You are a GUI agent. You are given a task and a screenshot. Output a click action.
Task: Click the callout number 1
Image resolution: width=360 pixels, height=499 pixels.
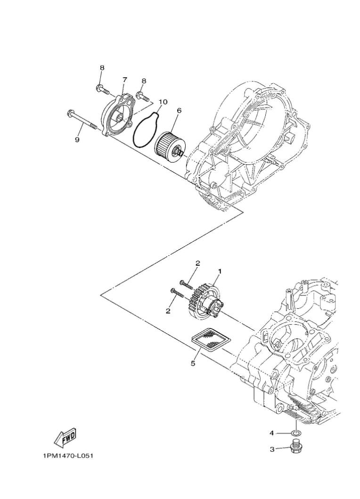[x=220, y=271]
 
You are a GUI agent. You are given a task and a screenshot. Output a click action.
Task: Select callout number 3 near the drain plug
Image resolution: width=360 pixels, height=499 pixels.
[x=272, y=449]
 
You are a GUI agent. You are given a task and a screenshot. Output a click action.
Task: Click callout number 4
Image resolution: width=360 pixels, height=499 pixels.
[x=272, y=433]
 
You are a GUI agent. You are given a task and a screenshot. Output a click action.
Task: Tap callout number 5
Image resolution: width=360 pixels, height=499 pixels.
[x=193, y=363]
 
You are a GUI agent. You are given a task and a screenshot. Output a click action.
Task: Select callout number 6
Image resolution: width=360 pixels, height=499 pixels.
[x=179, y=110]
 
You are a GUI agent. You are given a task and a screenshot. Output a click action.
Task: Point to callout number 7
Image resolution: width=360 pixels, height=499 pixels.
[x=125, y=80]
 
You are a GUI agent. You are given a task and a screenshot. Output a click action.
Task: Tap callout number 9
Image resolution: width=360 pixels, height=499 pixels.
[x=77, y=140]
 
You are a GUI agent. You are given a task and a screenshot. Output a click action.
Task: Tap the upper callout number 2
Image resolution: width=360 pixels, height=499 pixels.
[x=198, y=263]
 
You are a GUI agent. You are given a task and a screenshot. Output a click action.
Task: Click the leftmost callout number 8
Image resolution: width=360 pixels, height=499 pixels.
[x=102, y=68]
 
